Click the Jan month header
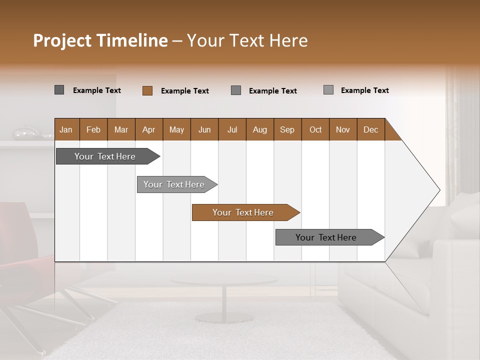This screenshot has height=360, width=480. [66, 129]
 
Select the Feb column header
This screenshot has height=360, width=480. [93, 129]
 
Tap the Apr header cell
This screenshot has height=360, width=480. [149, 129]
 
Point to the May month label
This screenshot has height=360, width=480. [176, 129]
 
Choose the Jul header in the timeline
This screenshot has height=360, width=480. [232, 129]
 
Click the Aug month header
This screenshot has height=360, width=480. [260, 129]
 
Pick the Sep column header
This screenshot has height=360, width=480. [287, 129]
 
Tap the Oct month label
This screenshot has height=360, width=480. [315, 129]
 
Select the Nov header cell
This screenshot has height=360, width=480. [343, 129]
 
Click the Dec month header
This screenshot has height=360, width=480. [371, 129]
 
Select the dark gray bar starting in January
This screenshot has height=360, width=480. [105, 156]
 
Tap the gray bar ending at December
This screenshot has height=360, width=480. [326, 237]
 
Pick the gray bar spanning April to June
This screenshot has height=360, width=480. [174, 184]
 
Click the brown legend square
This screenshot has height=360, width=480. [147, 90]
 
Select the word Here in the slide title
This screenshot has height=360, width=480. [288, 40]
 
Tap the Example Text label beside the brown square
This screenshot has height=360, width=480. [185, 91]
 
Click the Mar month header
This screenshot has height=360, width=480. [121, 129]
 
